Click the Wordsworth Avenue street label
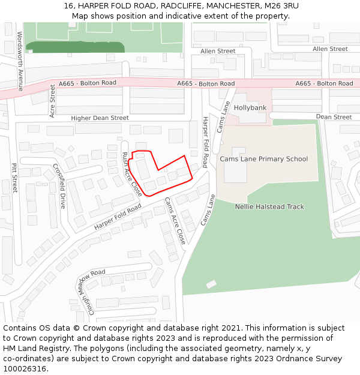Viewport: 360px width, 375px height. (x=20, y=61)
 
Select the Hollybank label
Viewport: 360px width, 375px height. (x=250, y=108)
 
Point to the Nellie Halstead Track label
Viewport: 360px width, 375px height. (x=269, y=206)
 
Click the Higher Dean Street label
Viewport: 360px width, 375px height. (x=100, y=118)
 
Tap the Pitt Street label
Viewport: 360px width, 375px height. (x=14, y=178)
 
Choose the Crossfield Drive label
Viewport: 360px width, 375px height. (x=59, y=186)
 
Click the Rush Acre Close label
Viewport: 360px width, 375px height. (x=132, y=174)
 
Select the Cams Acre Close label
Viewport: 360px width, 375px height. (x=175, y=220)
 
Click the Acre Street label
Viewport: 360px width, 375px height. (x=52, y=101)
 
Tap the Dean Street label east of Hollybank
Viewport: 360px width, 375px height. (x=334, y=117)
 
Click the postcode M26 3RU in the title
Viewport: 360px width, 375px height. (x=281, y=6)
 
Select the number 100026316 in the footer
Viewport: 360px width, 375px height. (x=25, y=368)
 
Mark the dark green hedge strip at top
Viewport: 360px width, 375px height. (x=76, y=47)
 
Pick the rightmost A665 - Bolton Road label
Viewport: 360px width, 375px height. (x=324, y=83)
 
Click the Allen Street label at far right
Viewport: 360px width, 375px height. (x=330, y=49)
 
